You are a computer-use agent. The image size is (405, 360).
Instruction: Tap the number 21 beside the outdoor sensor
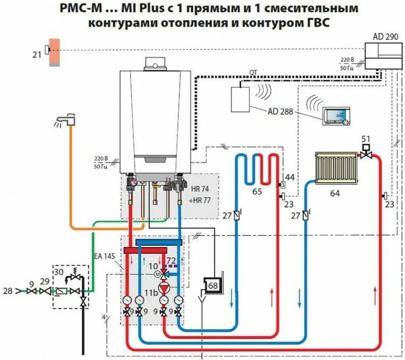coord(37,55)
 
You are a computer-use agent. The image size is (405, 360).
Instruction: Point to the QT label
coord(253,72)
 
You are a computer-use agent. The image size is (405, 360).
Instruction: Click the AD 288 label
coord(281,111)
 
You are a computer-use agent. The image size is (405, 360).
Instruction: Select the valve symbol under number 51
coord(366,154)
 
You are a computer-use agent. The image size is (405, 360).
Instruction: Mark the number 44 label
coord(289,178)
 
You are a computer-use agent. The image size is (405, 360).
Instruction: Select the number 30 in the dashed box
coord(58,272)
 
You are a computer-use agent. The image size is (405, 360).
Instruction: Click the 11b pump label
coord(153,292)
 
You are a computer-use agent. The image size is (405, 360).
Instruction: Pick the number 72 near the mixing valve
coord(171,261)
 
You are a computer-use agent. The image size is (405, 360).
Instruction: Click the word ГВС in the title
coord(316,23)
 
